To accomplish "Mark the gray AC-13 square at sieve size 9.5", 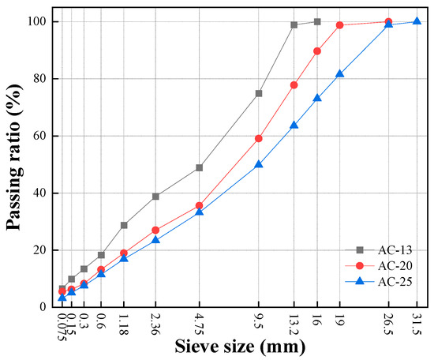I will click(x=259, y=93).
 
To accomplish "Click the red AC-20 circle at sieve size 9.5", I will click(x=259, y=138).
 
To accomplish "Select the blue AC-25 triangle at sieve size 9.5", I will click(x=259, y=164).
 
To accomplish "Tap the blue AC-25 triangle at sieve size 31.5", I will click(x=417, y=21).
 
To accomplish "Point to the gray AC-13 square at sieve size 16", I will click(x=317, y=21).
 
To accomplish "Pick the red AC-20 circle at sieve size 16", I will click(x=317, y=51).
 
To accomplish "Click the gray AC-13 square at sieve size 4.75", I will click(x=200, y=167).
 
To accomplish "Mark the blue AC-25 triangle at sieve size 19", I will click(x=340, y=73).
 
